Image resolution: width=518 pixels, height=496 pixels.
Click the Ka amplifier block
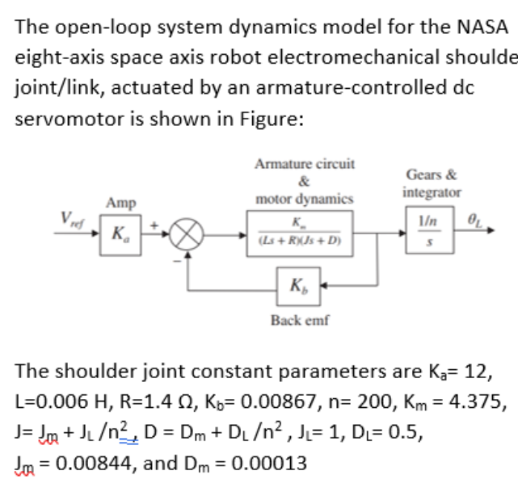click(x=120, y=233)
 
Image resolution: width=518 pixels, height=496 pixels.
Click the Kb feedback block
click(x=299, y=284)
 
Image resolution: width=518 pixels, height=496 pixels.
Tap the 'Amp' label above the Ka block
click(x=120, y=202)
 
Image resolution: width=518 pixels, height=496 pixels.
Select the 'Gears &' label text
click(x=432, y=175)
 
